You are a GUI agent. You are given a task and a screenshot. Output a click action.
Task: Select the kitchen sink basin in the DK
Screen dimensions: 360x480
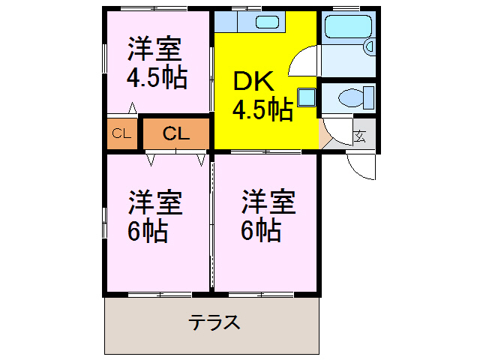(x=267, y=21)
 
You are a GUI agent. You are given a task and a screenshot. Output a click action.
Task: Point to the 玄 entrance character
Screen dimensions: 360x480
(x=361, y=136)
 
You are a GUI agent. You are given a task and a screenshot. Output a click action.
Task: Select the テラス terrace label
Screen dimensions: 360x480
(x=214, y=323)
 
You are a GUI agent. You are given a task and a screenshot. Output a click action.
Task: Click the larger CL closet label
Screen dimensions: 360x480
(x=175, y=134)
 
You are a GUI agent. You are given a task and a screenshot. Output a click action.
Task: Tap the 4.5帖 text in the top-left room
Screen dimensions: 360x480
(x=156, y=78)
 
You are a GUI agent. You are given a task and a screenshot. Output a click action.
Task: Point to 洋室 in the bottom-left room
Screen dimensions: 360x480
(x=154, y=202)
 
